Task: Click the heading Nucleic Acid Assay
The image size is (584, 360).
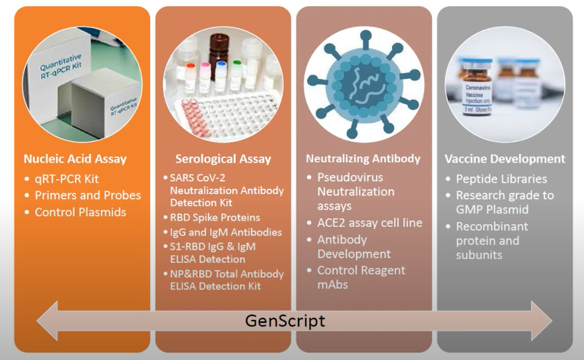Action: [x=75, y=159]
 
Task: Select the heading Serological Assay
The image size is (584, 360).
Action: [x=223, y=159]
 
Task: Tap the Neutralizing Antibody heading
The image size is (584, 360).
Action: [x=363, y=159]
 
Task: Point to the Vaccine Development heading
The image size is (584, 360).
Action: [x=505, y=159]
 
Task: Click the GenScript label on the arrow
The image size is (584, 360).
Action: [x=285, y=321]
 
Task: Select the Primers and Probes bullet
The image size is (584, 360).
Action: [x=88, y=195]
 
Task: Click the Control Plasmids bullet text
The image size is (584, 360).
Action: [x=81, y=212]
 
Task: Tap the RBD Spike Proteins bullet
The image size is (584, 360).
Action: [x=215, y=217]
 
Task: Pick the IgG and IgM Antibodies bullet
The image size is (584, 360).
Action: [x=226, y=232]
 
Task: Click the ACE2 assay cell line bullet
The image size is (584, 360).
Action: [x=369, y=223]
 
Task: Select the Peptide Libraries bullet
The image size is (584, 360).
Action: [x=501, y=179]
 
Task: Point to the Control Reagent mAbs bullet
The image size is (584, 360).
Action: [x=361, y=277]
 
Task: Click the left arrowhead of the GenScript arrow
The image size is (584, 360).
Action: [x=47, y=321]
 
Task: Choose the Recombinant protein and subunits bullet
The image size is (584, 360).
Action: [x=492, y=240]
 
